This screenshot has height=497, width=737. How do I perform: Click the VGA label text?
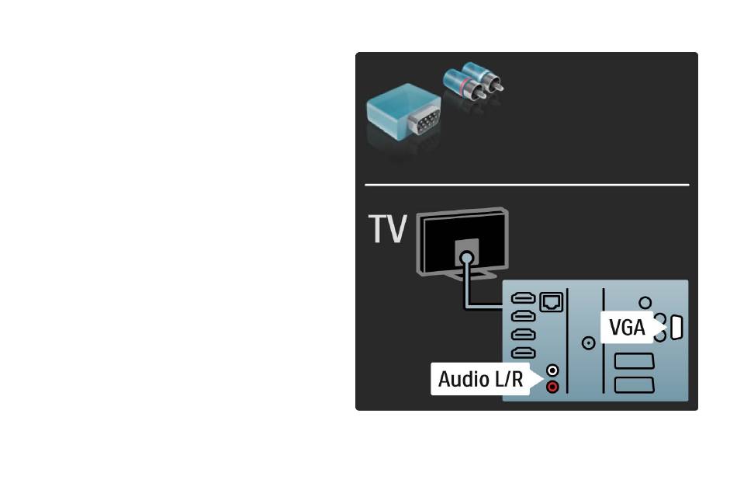pyautogui.click(x=627, y=327)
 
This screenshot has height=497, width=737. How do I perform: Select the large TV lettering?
pyautogui.click(x=387, y=229)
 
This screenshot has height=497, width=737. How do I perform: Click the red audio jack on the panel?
pyautogui.click(x=552, y=387)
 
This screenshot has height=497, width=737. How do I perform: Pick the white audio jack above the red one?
pyautogui.click(x=552, y=371)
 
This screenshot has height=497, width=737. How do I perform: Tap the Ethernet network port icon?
pyautogui.click(x=552, y=301)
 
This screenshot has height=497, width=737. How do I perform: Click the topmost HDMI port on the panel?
pyautogui.click(x=523, y=298)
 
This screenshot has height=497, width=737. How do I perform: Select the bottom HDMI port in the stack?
pyautogui.click(x=523, y=353)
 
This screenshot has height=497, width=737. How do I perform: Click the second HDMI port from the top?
pyautogui.click(x=523, y=316)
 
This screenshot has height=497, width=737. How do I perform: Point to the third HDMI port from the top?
pyautogui.click(x=523, y=335)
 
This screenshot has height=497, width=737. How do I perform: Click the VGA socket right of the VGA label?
pyautogui.click(x=676, y=328)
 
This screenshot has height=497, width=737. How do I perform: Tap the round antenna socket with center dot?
pyautogui.click(x=588, y=343)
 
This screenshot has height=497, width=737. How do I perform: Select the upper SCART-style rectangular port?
pyautogui.click(x=634, y=361)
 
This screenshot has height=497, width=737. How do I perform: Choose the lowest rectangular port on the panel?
pyautogui.click(x=634, y=384)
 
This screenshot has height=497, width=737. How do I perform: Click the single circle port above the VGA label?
pyautogui.click(x=645, y=303)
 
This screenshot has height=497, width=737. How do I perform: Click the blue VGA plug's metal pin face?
pyautogui.click(x=424, y=122)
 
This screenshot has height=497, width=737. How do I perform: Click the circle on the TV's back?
pyautogui.click(x=467, y=258)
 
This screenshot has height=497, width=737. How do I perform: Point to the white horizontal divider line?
pyautogui.click(x=527, y=185)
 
